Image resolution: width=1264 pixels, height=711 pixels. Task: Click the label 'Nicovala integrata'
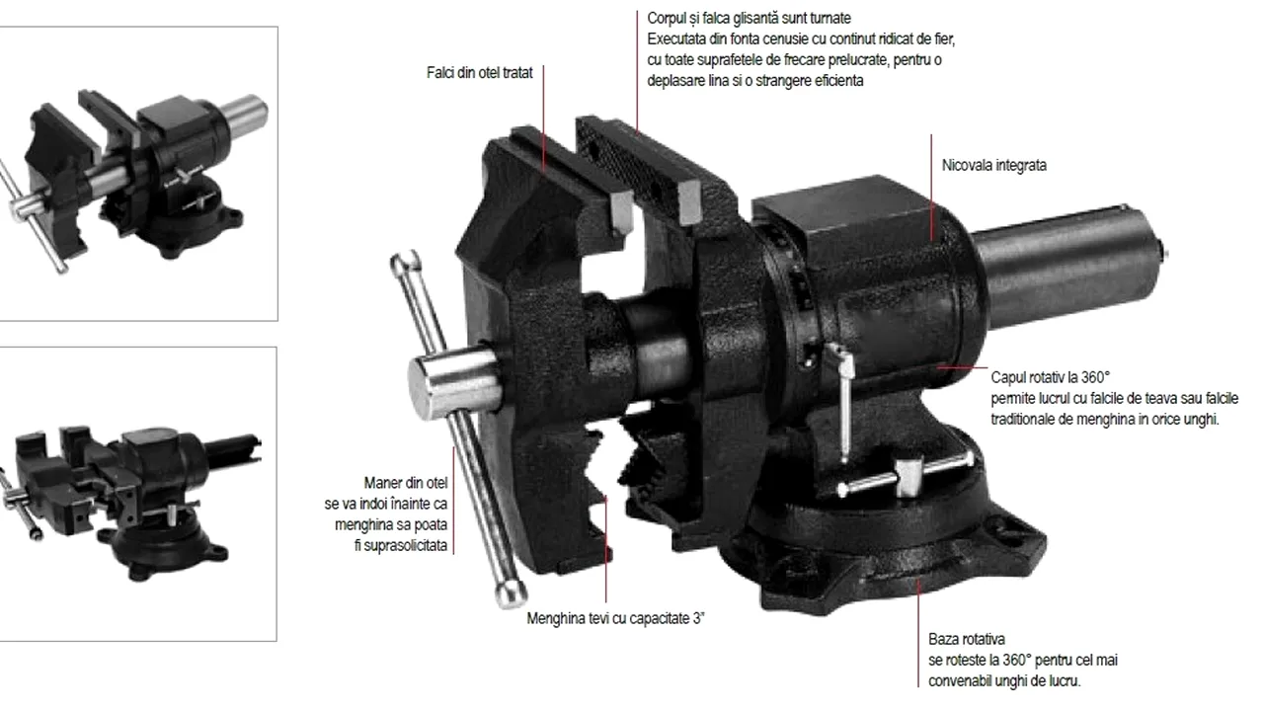tap(993, 165)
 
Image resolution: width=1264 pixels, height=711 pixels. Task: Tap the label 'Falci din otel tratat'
tap(480, 73)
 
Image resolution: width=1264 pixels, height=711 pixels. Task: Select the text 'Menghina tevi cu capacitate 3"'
tap(615, 618)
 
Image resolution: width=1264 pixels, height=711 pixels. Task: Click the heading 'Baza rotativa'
tap(967, 639)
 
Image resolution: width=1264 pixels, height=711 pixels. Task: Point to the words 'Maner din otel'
tap(406, 483)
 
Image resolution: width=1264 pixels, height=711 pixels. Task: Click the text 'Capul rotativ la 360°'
tap(1050, 377)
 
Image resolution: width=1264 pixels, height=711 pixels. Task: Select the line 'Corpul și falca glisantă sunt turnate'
tap(749, 18)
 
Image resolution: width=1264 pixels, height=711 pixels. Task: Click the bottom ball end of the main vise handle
tap(511, 593)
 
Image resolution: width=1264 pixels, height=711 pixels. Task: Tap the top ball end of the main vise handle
tap(405, 262)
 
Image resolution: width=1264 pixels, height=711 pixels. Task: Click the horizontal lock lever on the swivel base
tap(906, 475)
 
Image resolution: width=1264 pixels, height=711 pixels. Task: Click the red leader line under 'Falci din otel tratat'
tap(543, 118)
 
